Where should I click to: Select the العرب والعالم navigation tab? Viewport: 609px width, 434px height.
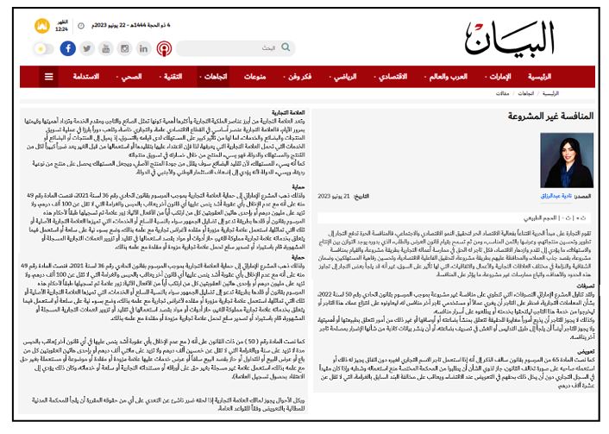click(448, 77)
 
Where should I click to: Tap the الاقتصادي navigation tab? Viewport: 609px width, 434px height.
click(392, 77)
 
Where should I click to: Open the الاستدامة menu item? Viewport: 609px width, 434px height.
click(84, 77)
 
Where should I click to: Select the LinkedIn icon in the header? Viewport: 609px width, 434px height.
click(145, 48)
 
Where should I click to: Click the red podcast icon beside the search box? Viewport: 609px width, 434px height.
click(163, 48)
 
